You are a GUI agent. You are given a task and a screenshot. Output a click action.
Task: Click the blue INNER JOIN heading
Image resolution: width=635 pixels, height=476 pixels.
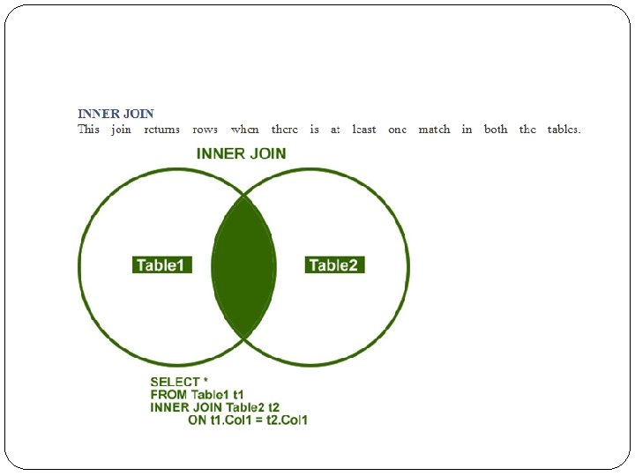click(x=116, y=114)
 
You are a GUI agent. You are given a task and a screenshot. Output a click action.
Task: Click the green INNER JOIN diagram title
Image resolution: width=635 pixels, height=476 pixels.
click(x=241, y=153)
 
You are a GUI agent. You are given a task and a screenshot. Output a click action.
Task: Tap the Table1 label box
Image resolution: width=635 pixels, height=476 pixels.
click(x=161, y=264)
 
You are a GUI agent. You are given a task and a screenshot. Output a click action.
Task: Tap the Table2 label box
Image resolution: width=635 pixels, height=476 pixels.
click(x=335, y=264)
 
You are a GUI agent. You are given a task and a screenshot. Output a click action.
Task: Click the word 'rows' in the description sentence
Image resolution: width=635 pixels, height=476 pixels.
click(x=205, y=130)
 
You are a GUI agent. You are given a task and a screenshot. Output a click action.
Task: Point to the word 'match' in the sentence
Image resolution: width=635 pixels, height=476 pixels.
click(x=433, y=130)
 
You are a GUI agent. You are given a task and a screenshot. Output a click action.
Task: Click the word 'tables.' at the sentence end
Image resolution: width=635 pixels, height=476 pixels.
click(x=563, y=130)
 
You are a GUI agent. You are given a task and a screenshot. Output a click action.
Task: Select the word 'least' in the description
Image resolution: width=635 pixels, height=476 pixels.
click(x=363, y=130)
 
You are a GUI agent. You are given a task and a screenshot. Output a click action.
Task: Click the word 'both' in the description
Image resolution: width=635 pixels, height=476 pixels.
click(x=496, y=130)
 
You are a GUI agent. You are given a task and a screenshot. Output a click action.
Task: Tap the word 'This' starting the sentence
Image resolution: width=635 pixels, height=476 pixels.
click(x=88, y=130)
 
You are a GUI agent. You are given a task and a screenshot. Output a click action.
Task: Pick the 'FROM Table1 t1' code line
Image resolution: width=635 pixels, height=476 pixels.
click(x=197, y=395)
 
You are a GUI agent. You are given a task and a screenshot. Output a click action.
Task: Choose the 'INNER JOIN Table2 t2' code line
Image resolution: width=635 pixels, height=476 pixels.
click(x=214, y=407)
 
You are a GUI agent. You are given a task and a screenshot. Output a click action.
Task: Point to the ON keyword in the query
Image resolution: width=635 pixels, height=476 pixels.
click(x=198, y=420)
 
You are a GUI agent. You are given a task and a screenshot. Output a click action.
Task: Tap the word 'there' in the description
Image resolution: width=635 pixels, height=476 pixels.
click(x=284, y=130)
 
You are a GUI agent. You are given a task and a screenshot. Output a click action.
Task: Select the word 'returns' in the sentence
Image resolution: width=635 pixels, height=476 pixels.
click(x=161, y=130)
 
